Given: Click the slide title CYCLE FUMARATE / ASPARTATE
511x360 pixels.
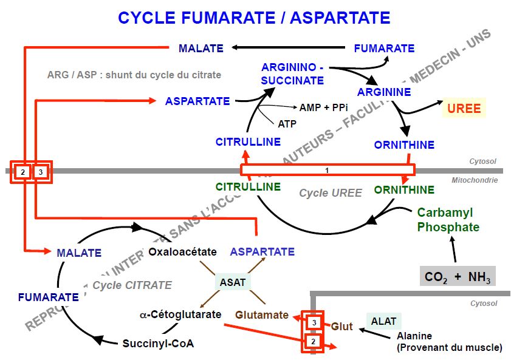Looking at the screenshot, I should point(254,18).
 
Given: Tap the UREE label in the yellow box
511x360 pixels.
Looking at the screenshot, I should point(464,109).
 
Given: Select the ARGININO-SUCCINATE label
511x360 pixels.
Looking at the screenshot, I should point(292,73).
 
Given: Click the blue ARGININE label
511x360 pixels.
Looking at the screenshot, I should point(384,92).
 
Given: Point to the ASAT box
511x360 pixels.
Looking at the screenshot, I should point(233,282).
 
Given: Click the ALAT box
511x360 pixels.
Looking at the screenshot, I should point(384,321).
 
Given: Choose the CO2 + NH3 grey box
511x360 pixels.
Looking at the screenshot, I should point(458,277).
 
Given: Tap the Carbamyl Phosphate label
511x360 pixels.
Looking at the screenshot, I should point(448,220).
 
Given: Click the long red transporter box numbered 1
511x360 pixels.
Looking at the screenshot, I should point(327,170).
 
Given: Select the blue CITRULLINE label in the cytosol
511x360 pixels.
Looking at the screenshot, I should point(248,142).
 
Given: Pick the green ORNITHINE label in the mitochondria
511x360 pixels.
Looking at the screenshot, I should point(404,190).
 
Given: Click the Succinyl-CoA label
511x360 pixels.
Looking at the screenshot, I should point(158,343).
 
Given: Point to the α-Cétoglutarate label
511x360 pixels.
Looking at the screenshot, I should point(180,314).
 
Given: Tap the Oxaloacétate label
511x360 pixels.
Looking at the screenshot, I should point(182,251).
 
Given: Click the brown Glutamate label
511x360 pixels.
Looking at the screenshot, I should point(262,314).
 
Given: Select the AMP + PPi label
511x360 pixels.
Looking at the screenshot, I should point(323,107).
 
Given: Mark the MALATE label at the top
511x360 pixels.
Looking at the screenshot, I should point(201,48).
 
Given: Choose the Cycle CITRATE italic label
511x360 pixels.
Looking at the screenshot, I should point(132,285).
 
